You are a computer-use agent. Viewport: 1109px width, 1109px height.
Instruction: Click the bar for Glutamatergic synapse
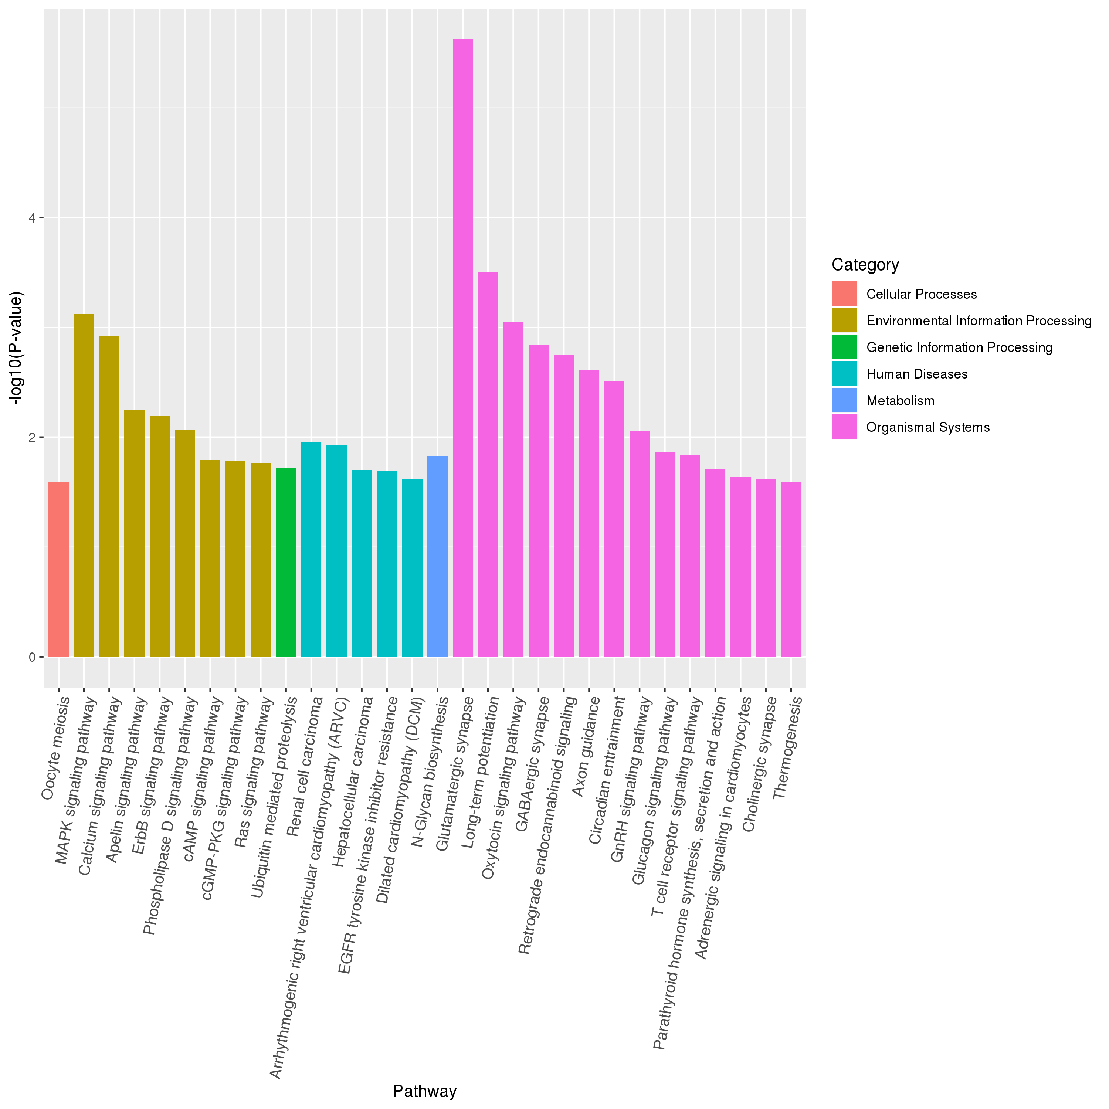click(x=463, y=348)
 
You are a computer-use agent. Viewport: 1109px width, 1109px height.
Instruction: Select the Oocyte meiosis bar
click(x=58, y=569)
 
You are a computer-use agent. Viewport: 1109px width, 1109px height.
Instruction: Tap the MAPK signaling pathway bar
click(x=84, y=485)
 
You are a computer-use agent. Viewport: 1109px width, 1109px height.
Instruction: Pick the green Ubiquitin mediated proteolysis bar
click(x=286, y=563)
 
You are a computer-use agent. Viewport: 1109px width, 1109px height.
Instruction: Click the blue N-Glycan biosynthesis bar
click(x=437, y=556)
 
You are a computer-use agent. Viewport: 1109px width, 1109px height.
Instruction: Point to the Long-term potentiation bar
click(x=488, y=464)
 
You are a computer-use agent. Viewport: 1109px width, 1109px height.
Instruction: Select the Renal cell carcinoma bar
click(x=311, y=549)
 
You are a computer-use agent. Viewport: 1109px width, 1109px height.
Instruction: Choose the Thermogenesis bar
click(x=791, y=569)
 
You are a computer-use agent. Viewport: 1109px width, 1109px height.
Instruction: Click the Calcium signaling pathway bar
click(x=109, y=496)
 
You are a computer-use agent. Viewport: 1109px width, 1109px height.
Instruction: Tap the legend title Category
click(x=865, y=265)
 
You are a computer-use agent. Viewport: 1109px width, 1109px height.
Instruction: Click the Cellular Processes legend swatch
click(x=844, y=294)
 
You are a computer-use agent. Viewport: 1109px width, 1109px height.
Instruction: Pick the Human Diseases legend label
click(x=917, y=374)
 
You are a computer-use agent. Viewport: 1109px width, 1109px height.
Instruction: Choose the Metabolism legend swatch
click(x=844, y=401)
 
